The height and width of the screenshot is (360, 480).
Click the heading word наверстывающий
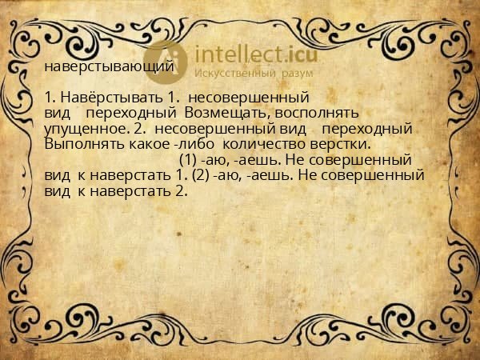tap(109, 66)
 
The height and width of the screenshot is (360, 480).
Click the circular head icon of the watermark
tap(166, 59)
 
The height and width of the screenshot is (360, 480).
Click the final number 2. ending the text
tap(180, 191)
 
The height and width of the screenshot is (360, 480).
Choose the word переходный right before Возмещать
tap(130, 114)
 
